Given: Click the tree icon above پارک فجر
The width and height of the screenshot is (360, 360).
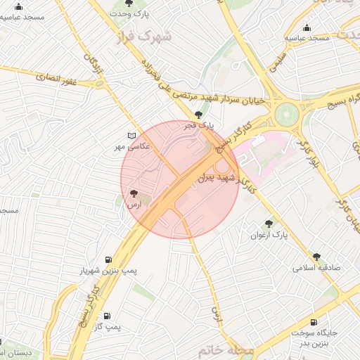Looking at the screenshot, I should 199,114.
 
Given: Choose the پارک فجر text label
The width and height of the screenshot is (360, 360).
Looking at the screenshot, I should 198,125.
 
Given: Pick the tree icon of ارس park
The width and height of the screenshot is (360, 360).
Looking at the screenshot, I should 134,193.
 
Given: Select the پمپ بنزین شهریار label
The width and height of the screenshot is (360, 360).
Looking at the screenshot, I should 107,270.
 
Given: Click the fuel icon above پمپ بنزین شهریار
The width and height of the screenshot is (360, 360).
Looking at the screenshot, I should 108,259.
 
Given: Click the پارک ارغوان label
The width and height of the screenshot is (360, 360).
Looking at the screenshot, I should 269,235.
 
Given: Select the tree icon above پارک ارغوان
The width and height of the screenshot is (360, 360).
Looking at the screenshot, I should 269,224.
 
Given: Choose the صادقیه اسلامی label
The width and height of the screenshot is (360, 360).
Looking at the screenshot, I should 316,268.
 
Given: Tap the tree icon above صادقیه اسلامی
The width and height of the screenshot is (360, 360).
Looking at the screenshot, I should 316,257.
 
